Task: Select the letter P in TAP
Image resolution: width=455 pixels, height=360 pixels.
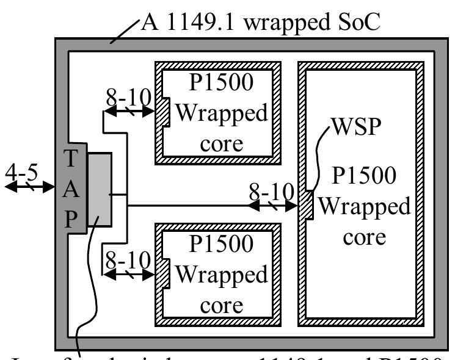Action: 71,217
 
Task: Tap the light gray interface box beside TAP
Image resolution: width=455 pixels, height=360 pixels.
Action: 99,190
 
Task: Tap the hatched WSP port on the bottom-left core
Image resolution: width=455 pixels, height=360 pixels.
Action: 164,275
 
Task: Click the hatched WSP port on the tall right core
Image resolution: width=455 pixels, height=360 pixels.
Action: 307,205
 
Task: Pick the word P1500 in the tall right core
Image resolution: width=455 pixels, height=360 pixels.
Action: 363,177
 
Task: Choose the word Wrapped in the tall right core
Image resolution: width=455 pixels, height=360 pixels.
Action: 365,207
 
